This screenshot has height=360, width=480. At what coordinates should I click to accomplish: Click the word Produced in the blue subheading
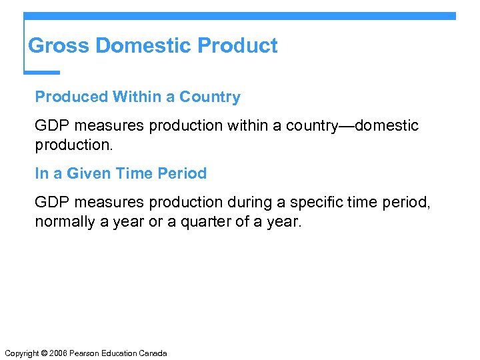pyautogui.click(x=71, y=97)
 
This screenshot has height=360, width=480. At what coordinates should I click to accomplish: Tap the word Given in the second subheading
pyautogui.click(x=87, y=174)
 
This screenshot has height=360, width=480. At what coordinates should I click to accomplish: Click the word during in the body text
pyautogui.click(x=245, y=203)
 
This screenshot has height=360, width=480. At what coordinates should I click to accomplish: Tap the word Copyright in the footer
pyautogui.click(x=21, y=353)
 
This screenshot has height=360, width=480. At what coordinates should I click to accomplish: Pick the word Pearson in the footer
pyautogui.click(x=85, y=353)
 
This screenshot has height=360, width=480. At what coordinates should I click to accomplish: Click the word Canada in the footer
pyautogui.click(x=153, y=353)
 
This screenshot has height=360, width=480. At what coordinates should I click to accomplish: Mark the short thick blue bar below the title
pyautogui.click(x=42, y=73)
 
